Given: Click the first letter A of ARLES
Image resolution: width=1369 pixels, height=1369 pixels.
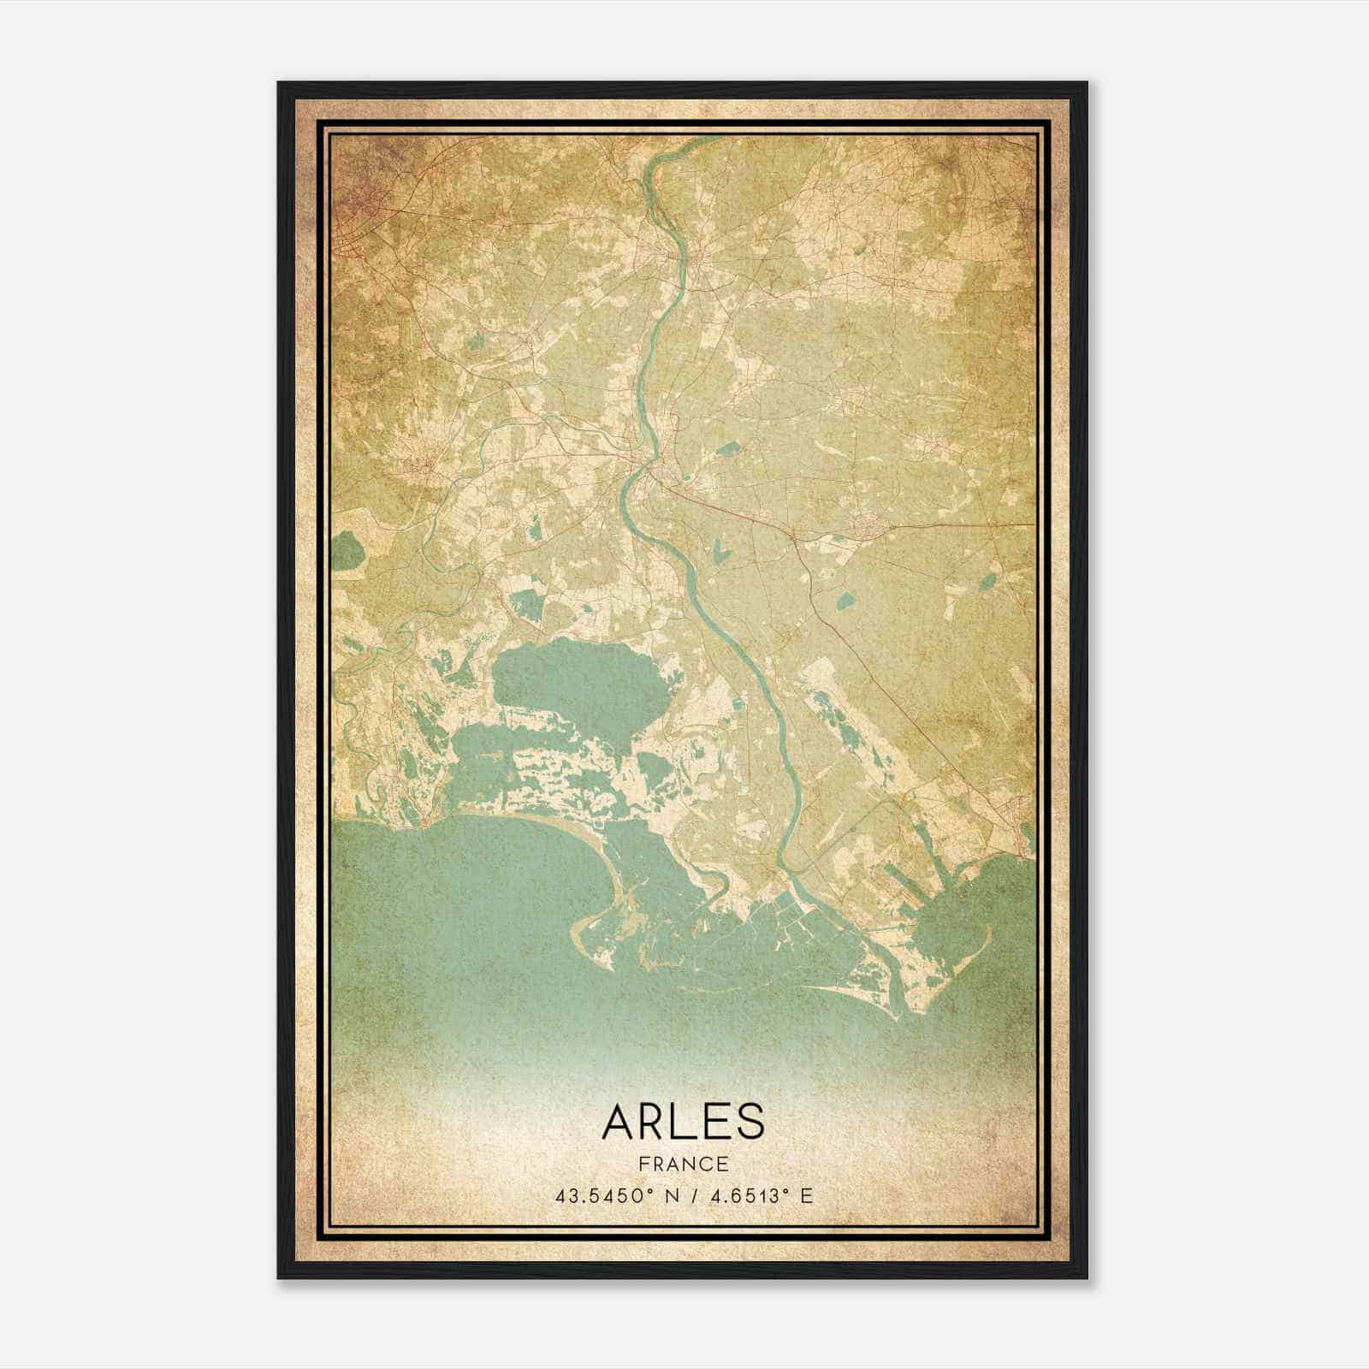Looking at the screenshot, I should click(618, 1122).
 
